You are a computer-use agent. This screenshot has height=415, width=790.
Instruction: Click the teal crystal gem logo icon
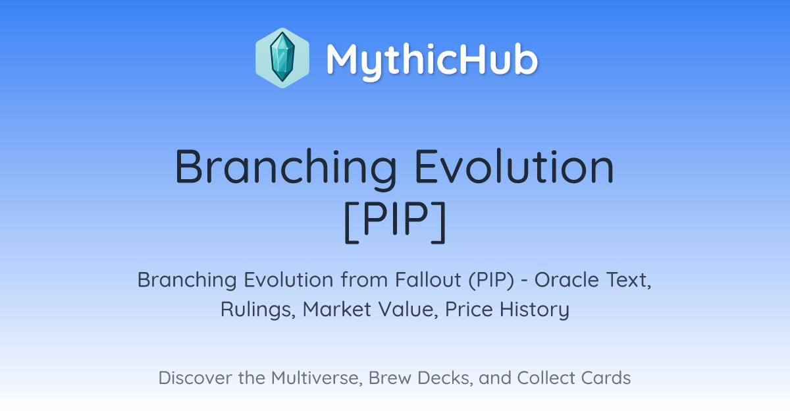[282, 58]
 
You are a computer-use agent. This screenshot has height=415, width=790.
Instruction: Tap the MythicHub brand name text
[432, 60]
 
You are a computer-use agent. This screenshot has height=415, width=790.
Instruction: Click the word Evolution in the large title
[515, 167]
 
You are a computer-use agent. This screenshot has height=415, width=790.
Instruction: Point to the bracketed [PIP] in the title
[395, 221]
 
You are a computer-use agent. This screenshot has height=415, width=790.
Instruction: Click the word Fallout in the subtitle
[428, 280]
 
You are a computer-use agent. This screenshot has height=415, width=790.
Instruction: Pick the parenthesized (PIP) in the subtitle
[491, 281]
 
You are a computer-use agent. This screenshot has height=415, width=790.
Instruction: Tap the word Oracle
[567, 280]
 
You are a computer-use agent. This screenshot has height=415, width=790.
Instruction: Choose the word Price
[469, 310]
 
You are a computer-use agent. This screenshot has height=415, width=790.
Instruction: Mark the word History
[535, 310]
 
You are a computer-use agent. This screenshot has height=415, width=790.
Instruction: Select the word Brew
[390, 378]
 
